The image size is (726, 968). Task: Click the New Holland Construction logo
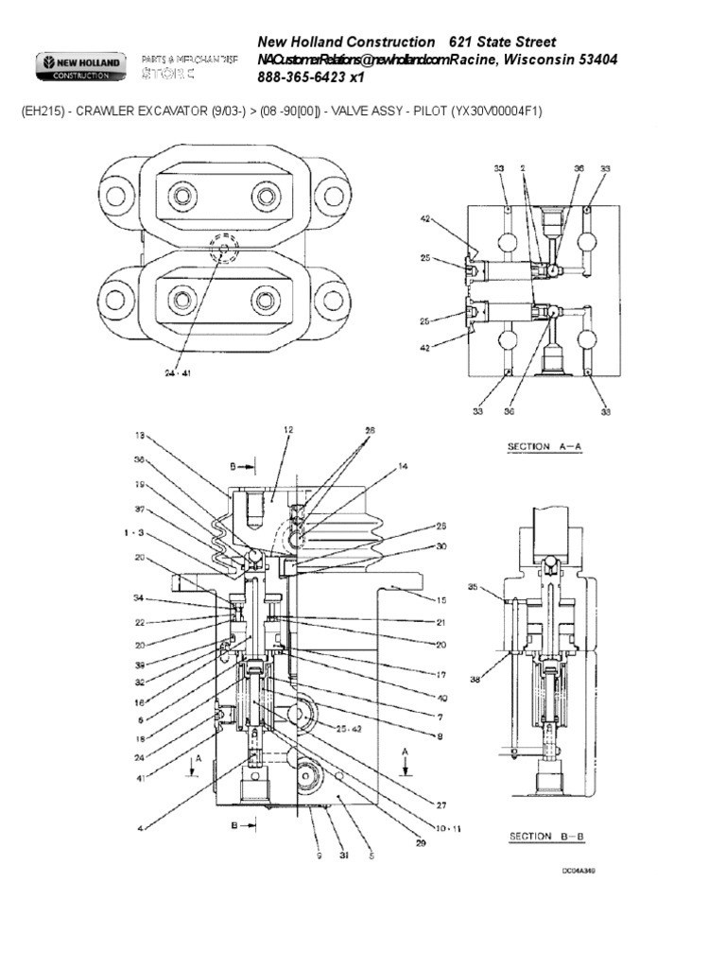pos(80,67)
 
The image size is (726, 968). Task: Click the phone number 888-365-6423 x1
pos(310,78)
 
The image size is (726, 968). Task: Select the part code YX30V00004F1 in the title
pos(493,112)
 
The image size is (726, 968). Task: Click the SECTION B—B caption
pos(543,836)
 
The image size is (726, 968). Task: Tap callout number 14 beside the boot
pos(403,465)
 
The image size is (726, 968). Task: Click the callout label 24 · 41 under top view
pos(177,373)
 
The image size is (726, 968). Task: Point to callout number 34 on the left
pos(139,598)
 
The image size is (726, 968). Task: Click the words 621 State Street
pos(503,43)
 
